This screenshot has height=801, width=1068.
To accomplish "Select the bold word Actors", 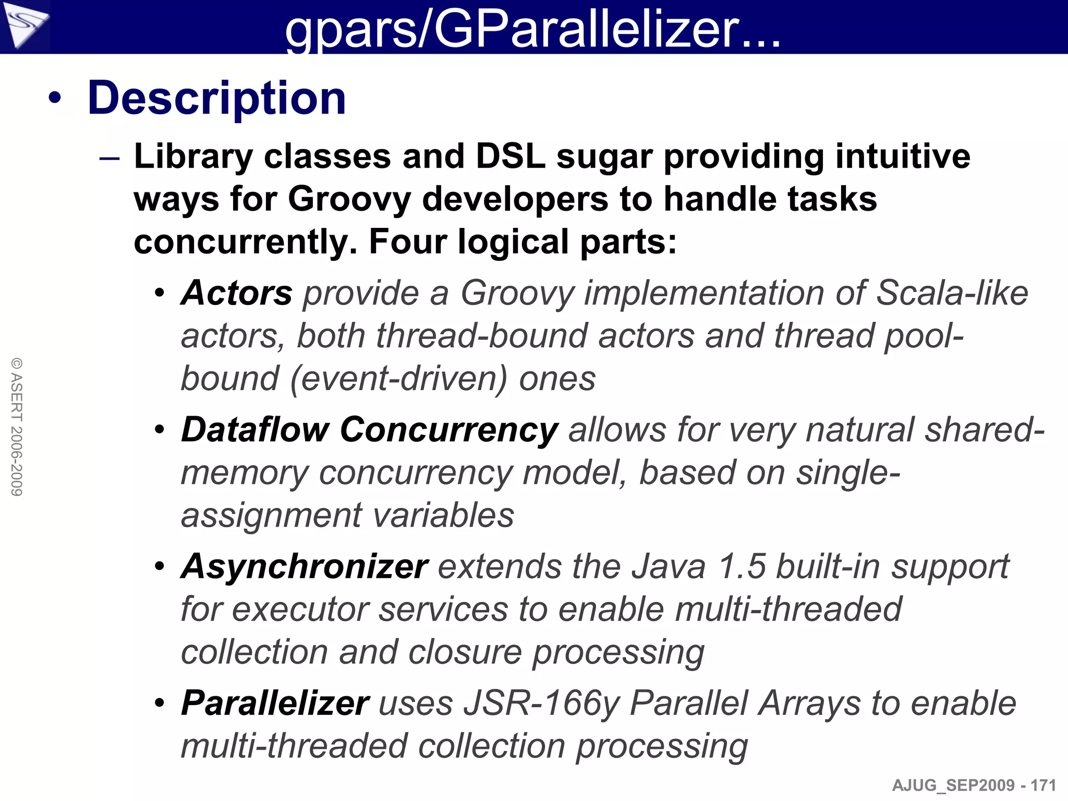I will click(237, 293).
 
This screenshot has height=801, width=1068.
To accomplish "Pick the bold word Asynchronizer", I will click(305, 566).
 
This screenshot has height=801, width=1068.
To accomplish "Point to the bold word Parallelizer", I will click(275, 703).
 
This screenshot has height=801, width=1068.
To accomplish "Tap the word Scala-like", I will click(952, 293).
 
